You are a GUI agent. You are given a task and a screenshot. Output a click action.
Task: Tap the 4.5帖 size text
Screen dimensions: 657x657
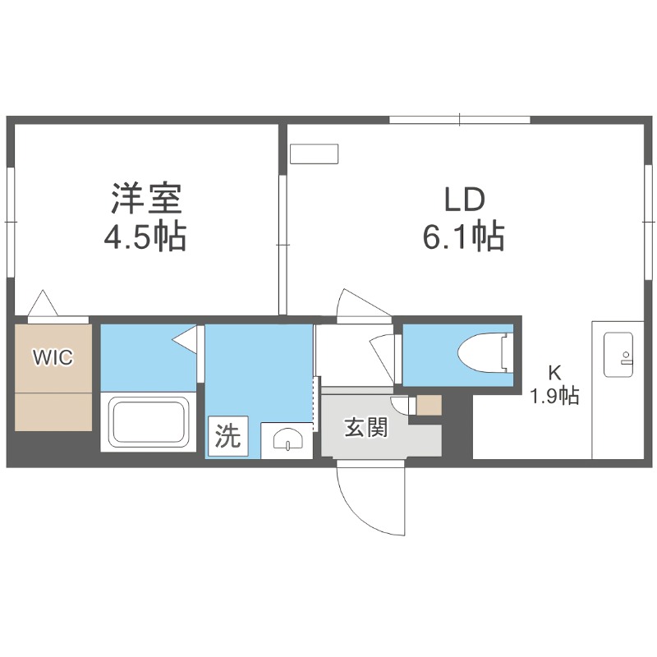(x=145, y=238)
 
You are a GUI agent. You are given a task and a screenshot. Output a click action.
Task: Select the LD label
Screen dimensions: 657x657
(x=466, y=199)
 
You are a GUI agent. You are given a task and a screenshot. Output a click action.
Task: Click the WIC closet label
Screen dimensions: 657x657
(x=53, y=356)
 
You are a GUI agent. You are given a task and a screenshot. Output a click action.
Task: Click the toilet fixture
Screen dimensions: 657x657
(x=483, y=354)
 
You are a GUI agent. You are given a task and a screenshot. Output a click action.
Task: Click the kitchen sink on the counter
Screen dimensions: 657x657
(x=618, y=354)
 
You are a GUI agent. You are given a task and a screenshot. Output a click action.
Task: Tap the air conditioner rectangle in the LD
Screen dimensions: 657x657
(x=315, y=154)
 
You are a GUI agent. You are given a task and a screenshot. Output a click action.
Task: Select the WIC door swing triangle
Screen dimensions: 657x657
(x=43, y=305)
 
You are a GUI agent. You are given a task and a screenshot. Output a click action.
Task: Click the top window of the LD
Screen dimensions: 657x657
(x=459, y=121)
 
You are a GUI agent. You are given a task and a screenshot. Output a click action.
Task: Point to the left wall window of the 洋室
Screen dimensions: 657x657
(x=11, y=222)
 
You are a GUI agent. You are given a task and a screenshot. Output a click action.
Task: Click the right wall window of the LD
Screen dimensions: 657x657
(x=645, y=222)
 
